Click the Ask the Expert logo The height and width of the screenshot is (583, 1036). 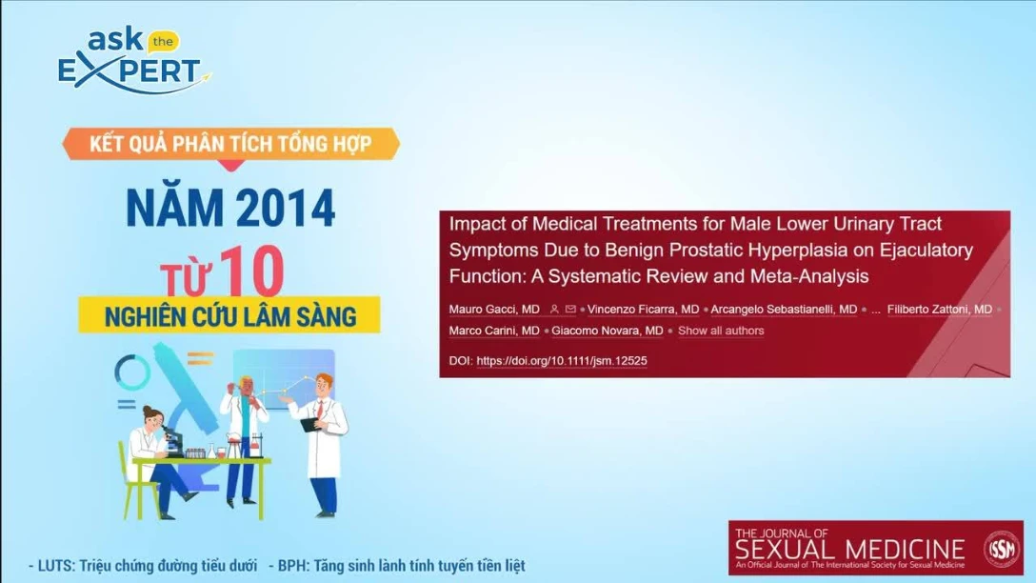pyautogui.click(x=131, y=61)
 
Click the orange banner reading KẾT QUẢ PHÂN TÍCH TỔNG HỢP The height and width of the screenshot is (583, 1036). pyautogui.click(x=230, y=145)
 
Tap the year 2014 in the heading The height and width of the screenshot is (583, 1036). pyautogui.click(x=280, y=208)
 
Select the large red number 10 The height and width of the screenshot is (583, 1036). pyautogui.click(x=251, y=271)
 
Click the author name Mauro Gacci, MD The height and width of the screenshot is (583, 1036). pyautogui.click(x=494, y=310)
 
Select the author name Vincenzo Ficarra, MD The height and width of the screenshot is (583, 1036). pyautogui.click(x=643, y=310)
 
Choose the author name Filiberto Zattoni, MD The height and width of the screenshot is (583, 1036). pyautogui.click(x=939, y=310)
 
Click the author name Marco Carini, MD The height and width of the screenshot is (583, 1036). pyautogui.click(x=494, y=331)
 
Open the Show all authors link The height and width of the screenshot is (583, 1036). pyautogui.click(x=721, y=331)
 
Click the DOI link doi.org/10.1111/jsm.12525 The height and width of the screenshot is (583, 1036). pyautogui.click(x=561, y=361)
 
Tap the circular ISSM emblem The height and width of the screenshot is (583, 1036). pyautogui.click(x=1001, y=548)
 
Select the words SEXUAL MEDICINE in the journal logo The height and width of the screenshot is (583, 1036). pyautogui.click(x=850, y=551)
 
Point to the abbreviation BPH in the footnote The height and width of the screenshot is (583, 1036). pyautogui.click(x=291, y=566)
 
